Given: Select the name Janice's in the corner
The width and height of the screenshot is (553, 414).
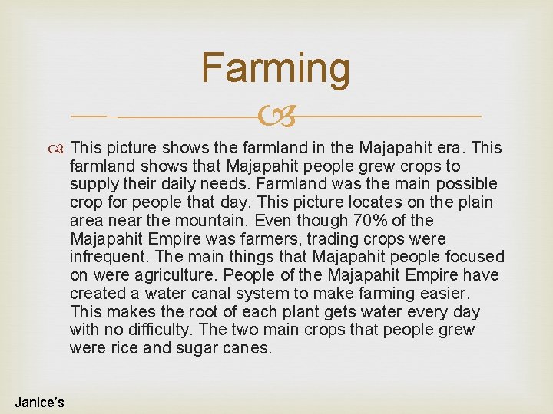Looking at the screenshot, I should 39,402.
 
